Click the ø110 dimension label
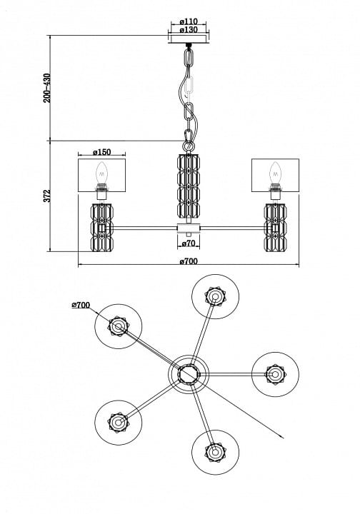pyautogui.click(x=189, y=21)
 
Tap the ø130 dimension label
pyautogui.click(x=189, y=30)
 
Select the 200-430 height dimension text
pyautogui.click(x=47, y=88)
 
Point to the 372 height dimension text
pyautogui.click(x=47, y=196)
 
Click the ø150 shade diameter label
pyautogui.click(x=102, y=152)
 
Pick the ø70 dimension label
pyautogui.click(x=189, y=243)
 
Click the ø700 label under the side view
pyautogui.click(x=189, y=261)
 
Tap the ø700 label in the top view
pyautogui.click(x=81, y=306)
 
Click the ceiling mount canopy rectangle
pyautogui.click(x=189, y=39)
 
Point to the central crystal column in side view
pyautogui.click(x=189, y=185)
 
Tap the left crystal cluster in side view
pyautogui.click(x=102, y=228)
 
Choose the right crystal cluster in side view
pyautogui.click(x=276, y=228)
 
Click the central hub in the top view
pyautogui.click(x=189, y=373)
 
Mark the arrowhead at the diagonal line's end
pyautogui.click(x=282, y=437)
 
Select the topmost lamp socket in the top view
pyautogui.click(x=215, y=296)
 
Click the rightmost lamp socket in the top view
pyautogui.click(x=275, y=374)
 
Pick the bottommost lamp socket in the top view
pyautogui.click(x=215, y=452)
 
